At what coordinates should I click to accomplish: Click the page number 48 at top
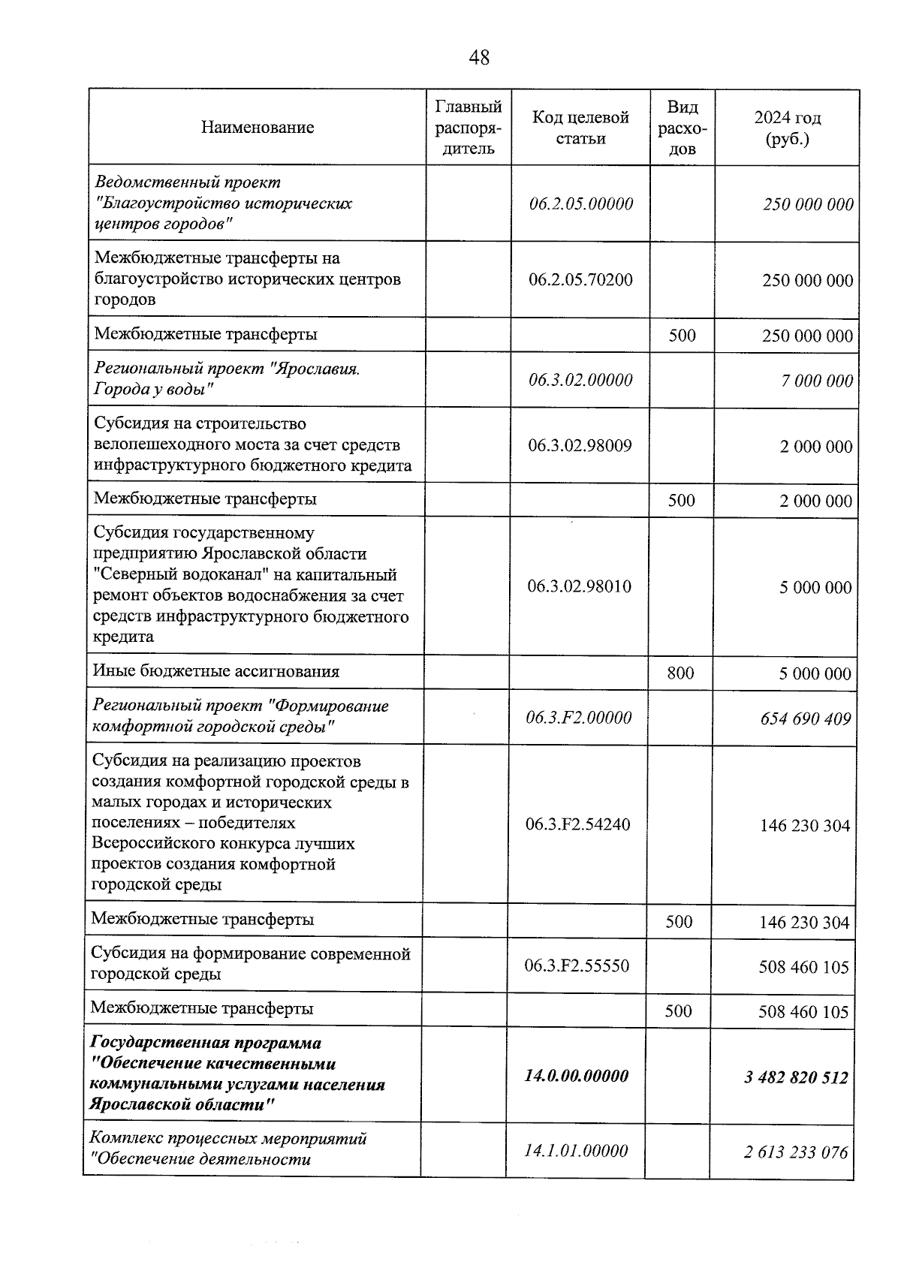coord(479,57)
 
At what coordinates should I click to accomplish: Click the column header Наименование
coord(258,128)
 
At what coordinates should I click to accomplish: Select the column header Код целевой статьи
coord(580,128)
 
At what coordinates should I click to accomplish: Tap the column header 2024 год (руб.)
coord(787,128)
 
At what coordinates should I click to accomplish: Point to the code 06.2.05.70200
coord(580,280)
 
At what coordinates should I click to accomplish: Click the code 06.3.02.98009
coord(580,446)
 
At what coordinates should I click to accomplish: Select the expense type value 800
coord(680,673)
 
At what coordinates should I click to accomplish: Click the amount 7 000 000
coord(817,381)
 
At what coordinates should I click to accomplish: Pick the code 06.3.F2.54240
coord(578,825)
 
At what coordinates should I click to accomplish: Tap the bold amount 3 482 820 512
coord(796,1078)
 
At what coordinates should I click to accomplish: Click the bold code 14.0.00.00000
coord(576,1076)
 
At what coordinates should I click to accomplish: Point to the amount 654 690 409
coord(806,719)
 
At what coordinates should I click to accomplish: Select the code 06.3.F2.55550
coord(577,966)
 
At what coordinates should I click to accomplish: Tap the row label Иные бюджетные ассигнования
coord(216,671)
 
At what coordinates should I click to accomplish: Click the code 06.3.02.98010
coord(579,586)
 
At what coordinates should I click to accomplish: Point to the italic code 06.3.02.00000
coord(580,380)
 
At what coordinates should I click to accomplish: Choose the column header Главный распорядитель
coord(469,128)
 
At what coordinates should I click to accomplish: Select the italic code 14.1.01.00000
coord(576,1151)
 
